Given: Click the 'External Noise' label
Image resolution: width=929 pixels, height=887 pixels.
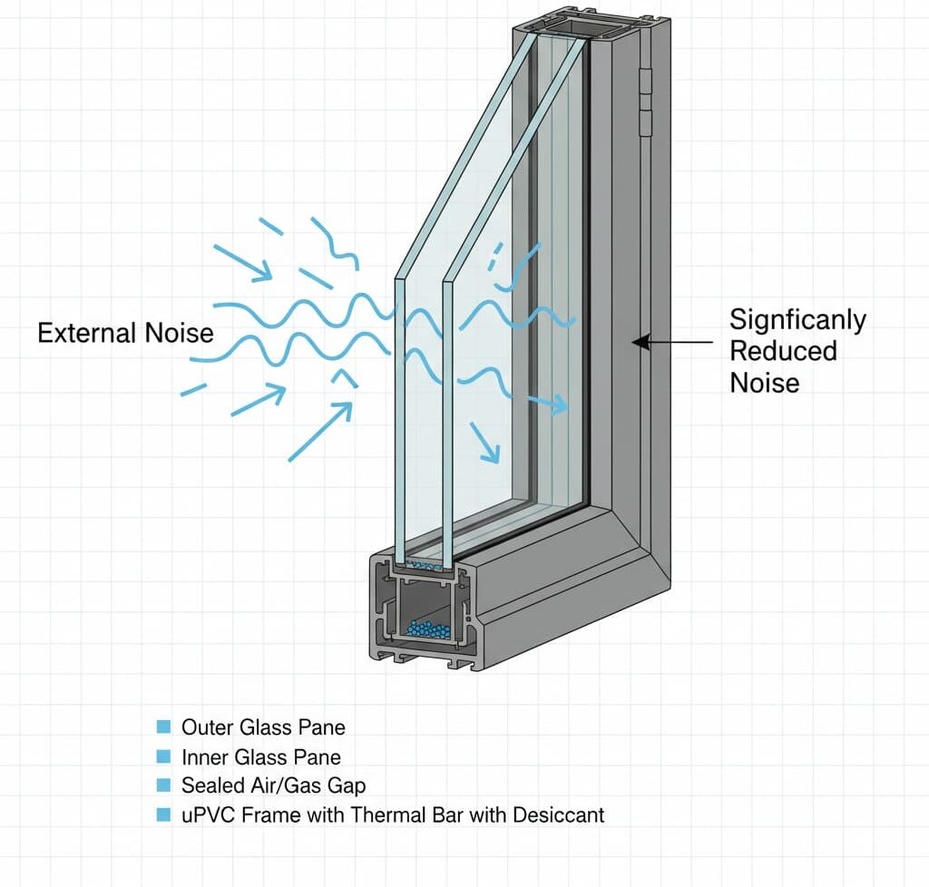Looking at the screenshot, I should pos(125,333).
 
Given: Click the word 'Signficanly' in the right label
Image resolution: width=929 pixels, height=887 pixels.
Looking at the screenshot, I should pos(797,319).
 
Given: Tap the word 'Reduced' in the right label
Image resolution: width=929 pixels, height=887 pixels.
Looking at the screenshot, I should pos(784,350).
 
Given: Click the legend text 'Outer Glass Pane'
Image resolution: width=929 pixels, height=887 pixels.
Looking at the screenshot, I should pos(263,726).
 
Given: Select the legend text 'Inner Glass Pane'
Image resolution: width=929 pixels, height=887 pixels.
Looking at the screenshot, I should pos(261,756).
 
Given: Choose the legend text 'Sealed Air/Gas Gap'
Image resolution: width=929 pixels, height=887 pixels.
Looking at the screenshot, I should pos(273,785).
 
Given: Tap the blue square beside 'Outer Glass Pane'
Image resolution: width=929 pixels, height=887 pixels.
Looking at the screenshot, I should pos(163,726).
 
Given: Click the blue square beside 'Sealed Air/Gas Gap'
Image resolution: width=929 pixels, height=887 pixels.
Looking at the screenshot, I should pos(163,785).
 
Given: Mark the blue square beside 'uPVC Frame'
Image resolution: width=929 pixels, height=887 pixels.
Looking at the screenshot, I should pos(163,814).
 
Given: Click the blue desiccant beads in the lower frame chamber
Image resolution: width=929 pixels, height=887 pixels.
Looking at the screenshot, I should pos(428,628).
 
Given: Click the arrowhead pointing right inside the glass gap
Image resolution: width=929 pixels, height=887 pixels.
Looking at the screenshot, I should pos(562,404).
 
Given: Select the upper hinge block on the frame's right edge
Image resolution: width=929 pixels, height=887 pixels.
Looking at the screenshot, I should pos(645,82).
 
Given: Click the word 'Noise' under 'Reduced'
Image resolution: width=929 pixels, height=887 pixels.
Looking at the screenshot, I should pos(764,382).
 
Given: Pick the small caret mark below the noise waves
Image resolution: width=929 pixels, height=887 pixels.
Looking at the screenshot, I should pos(343,375).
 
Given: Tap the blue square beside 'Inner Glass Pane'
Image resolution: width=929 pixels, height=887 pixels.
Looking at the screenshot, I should pos(163,756).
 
